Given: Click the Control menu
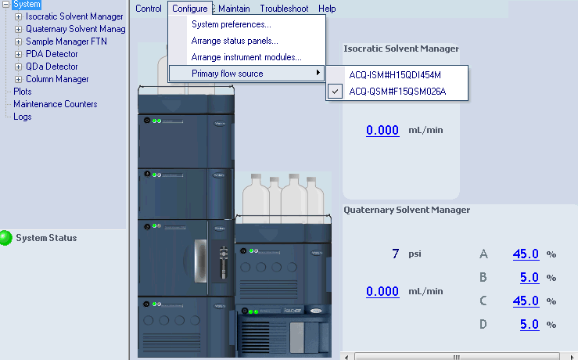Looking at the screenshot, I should (x=149, y=9).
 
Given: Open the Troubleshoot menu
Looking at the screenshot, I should (x=284, y=9).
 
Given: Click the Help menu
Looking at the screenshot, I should (x=327, y=9).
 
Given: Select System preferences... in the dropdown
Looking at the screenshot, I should (x=231, y=24).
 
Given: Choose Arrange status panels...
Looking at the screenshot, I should (x=235, y=41).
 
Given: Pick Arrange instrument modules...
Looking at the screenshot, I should (x=246, y=57).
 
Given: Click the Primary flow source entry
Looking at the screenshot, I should (x=227, y=74).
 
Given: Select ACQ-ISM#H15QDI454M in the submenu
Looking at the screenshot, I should (x=395, y=75).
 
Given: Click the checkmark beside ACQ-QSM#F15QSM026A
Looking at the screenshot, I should (x=336, y=92).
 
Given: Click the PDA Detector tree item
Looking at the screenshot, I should (x=52, y=54).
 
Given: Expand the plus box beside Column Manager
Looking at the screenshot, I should (x=19, y=79).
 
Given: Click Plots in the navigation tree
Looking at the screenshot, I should (x=23, y=92).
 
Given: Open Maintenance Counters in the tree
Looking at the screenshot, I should (x=55, y=104).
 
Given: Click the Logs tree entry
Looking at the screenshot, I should (x=23, y=117).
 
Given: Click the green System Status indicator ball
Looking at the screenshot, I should (x=7, y=238).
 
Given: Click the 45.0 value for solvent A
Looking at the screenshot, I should (x=526, y=254).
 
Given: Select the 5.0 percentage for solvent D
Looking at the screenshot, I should (x=530, y=324).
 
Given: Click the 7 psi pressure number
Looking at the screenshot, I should (x=396, y=254).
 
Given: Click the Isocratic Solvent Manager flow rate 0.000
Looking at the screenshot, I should (x=382, y=130).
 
